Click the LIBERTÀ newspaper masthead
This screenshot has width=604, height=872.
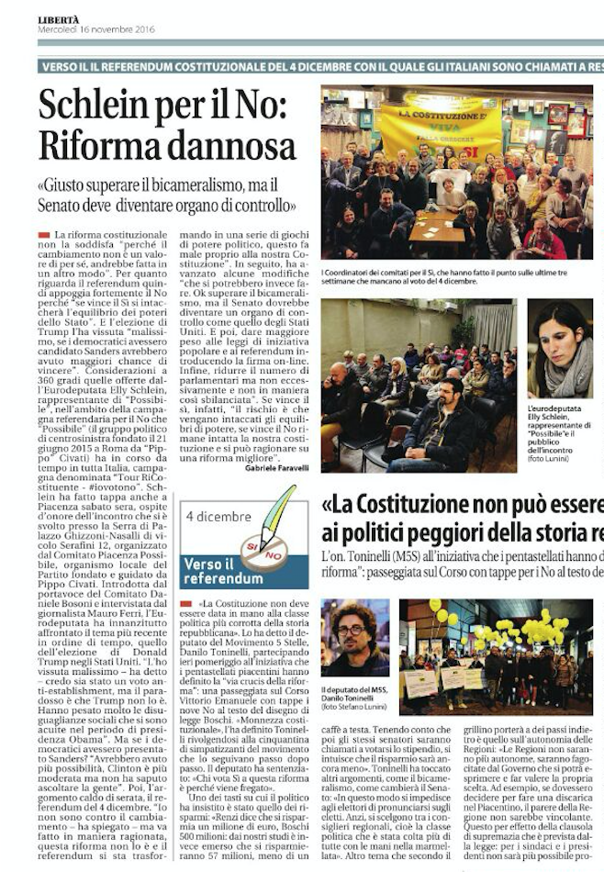point(59,19)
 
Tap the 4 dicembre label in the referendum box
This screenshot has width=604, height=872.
point(218,517)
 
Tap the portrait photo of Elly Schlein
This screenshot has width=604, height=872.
point(560,349)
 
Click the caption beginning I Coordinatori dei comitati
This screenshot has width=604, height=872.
point(450,278)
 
